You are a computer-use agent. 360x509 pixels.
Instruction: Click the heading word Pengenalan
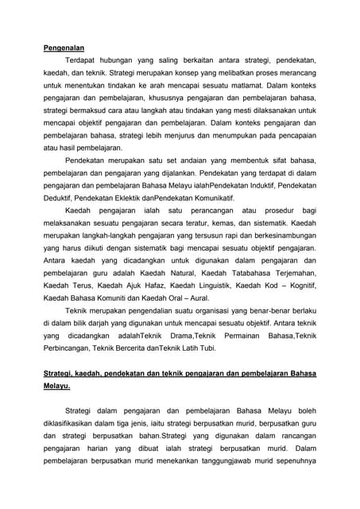(64, 48)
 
